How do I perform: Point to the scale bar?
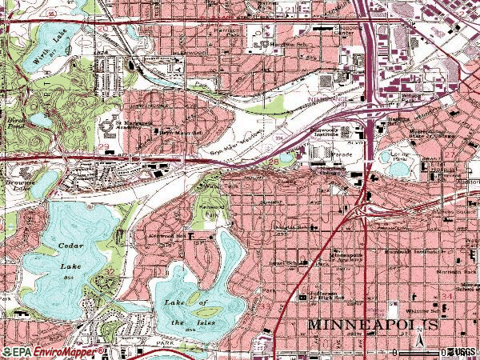click(420, 353)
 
